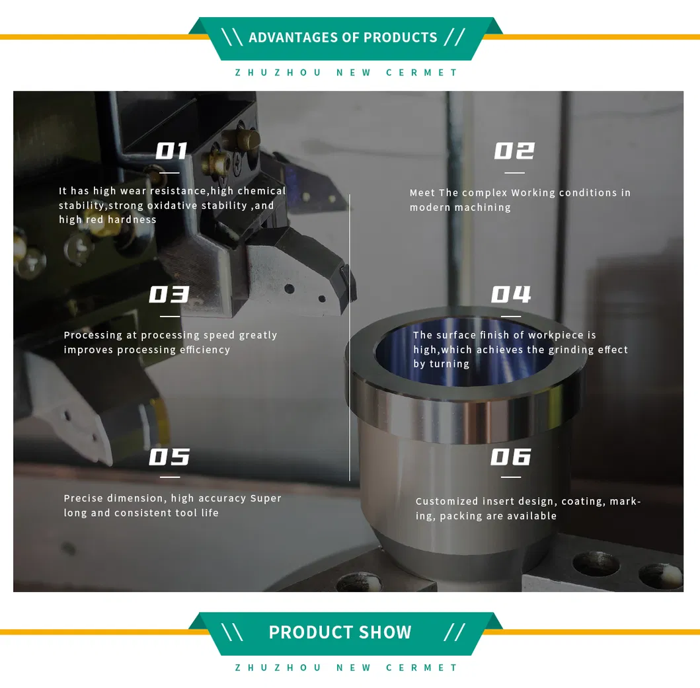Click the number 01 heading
(x=172, y=151)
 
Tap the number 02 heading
(x=514, y=151)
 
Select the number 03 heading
(x=169, y=294)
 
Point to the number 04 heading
(x=511, y=294)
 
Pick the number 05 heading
(x=169, y=457)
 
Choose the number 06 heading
(x=511, y=457)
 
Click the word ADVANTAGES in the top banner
(x=293, y=38)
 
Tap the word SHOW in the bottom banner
(x=382, y=632)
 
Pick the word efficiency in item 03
(x=198, y=350)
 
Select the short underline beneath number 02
(x=514, y=173)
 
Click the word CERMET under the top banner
(x=422, y=73)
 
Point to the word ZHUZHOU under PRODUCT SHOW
(x=278, y=668)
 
